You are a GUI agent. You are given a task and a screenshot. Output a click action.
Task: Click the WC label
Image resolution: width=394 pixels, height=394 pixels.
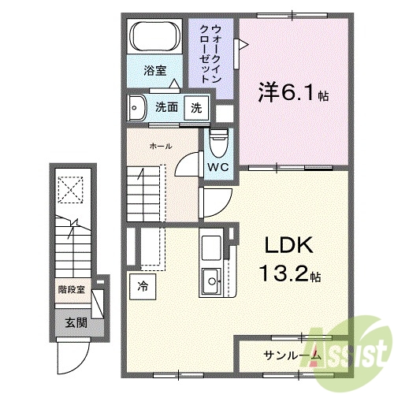coord(217,166)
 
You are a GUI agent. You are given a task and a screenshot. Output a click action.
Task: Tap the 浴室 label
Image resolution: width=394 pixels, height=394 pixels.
coord(155,70)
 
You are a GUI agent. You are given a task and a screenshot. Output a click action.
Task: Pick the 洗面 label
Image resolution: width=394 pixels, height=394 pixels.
coord(166,107)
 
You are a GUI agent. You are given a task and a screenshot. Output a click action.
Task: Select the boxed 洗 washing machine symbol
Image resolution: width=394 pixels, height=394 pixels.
coord(196,107)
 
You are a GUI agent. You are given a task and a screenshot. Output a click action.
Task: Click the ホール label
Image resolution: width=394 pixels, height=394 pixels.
coord(161,145)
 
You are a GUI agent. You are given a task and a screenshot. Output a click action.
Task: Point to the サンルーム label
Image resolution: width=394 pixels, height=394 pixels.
coord(292,355)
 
